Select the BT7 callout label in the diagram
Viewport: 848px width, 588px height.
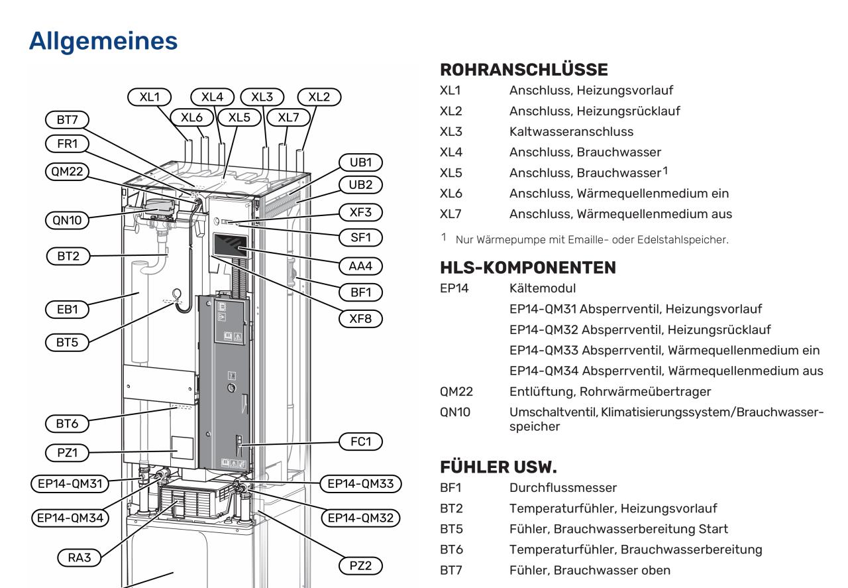tap(67, 120)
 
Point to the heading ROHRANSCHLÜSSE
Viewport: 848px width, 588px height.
tap(523, 70)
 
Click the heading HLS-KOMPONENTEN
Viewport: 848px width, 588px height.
tap(528, 267)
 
